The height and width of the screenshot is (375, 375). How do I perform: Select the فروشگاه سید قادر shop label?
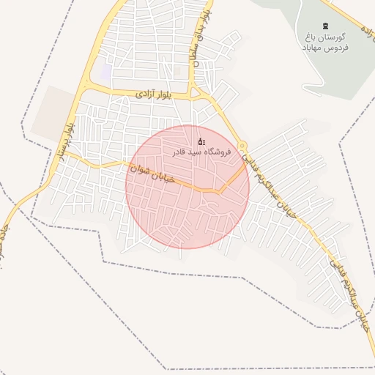(x=201, y=152)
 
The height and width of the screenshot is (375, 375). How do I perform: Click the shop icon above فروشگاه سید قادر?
(x=201, y=141)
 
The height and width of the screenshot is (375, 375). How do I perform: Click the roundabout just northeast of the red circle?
(x=242, y=146)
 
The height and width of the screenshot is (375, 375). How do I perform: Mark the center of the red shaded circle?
(x=187, y=186)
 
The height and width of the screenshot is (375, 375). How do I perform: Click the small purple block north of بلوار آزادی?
(x=108, y=72)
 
